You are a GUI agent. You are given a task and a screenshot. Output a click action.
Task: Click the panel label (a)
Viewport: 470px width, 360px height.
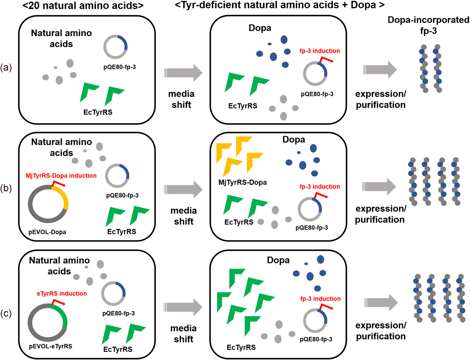click(x=6, y=67)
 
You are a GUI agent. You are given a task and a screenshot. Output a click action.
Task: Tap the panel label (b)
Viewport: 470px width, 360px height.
click(x=6, y=188)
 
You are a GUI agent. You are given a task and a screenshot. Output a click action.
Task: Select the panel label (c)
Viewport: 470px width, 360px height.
click(x=6, y=313)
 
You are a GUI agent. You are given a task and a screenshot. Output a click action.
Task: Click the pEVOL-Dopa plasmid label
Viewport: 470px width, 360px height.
click(x=47, y=232)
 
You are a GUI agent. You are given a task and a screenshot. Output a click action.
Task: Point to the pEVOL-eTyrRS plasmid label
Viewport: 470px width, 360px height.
click(x=50, y=346)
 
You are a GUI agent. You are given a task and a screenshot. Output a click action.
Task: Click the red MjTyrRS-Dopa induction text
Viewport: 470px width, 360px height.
click(x=61, y=176)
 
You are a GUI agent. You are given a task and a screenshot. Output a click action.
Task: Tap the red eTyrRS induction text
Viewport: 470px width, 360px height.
click(x=62, y=293)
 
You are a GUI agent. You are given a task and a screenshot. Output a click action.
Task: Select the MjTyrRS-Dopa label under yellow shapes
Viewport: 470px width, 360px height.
click(x=243, y=182)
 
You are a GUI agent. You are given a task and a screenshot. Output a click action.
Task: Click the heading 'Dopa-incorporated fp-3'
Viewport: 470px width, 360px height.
click(x=428, y=25)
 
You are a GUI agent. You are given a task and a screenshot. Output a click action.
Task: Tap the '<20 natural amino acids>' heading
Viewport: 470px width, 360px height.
click(x=83, y=5)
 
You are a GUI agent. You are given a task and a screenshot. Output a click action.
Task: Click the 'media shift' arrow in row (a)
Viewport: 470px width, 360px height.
click(x=183, y=73)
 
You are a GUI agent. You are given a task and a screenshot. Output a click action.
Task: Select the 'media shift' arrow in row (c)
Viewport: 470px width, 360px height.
click(x=183, y=307)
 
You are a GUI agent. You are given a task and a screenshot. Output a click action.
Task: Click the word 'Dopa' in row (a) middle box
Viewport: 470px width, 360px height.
click(x=260, y=28)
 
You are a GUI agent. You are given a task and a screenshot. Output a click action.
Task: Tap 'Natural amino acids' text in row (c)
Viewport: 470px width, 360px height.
click(x=59, y=266)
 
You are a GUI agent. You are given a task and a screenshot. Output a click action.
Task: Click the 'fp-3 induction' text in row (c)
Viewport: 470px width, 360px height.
click(x=321, y=299)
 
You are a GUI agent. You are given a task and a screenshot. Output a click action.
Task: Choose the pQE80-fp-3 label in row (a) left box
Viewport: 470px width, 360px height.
click(x=120, y=67)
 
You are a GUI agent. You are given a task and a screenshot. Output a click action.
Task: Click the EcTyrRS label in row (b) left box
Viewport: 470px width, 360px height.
click(x=122, y=232)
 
